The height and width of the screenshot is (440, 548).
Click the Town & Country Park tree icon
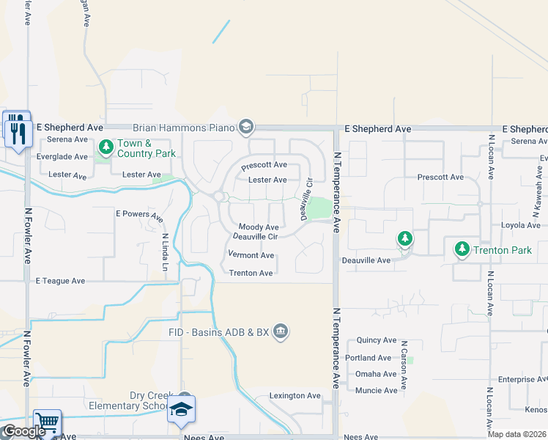[106, 147]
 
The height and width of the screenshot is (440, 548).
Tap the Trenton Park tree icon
[462, 249]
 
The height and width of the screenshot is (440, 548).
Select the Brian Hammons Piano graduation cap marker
[246, 128]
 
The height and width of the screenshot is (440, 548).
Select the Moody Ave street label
[259, 227]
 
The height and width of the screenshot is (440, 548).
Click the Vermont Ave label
[251, 255]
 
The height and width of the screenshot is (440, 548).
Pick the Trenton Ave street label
[251, 273]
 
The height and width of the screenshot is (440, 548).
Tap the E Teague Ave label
[60, 280]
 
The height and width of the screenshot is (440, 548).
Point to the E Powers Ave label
[139, 215]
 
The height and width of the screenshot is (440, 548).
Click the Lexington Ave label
[295, 395]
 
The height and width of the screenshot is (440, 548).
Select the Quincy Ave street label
[377, 340]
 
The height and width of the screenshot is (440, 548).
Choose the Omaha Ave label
[376, 374]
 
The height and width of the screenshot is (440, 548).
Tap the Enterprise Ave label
[522, 379]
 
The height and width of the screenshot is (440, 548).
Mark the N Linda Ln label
[165, 252]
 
